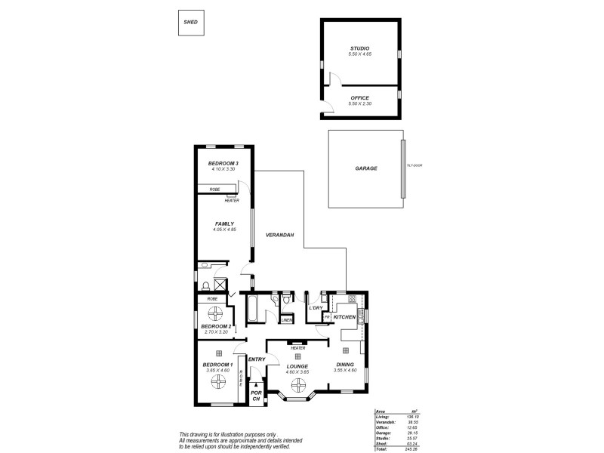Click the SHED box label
coord(190,23)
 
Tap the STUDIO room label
coord(359,48)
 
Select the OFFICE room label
coord(359,98)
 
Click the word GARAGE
coord(366,168)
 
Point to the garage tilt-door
coord(404,168)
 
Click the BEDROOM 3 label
coord(223,164)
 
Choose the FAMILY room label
coord(224,223)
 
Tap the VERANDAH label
coord(279,236)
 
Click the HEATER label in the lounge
coord(297,348)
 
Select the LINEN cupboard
coord(286,319)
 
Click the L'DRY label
coord(316,308)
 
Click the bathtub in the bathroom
coord(254,310)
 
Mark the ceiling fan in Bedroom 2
coord(216,313)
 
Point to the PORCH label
coord(256,396)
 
